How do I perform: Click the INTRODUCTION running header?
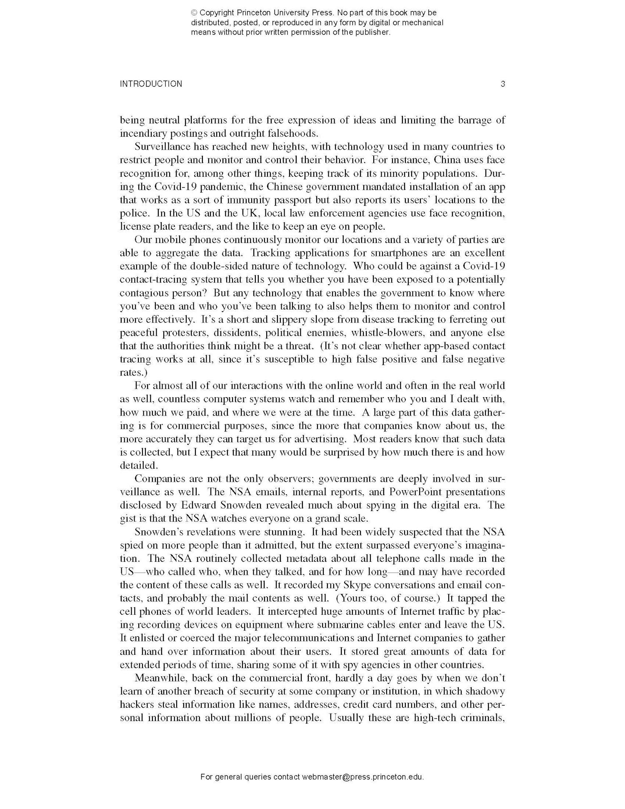point(151,84)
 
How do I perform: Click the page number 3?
point(502,84)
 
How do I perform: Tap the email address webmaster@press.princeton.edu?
point(362,777)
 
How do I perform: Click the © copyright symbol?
point(194,13)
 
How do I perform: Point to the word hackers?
point(136,705)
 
